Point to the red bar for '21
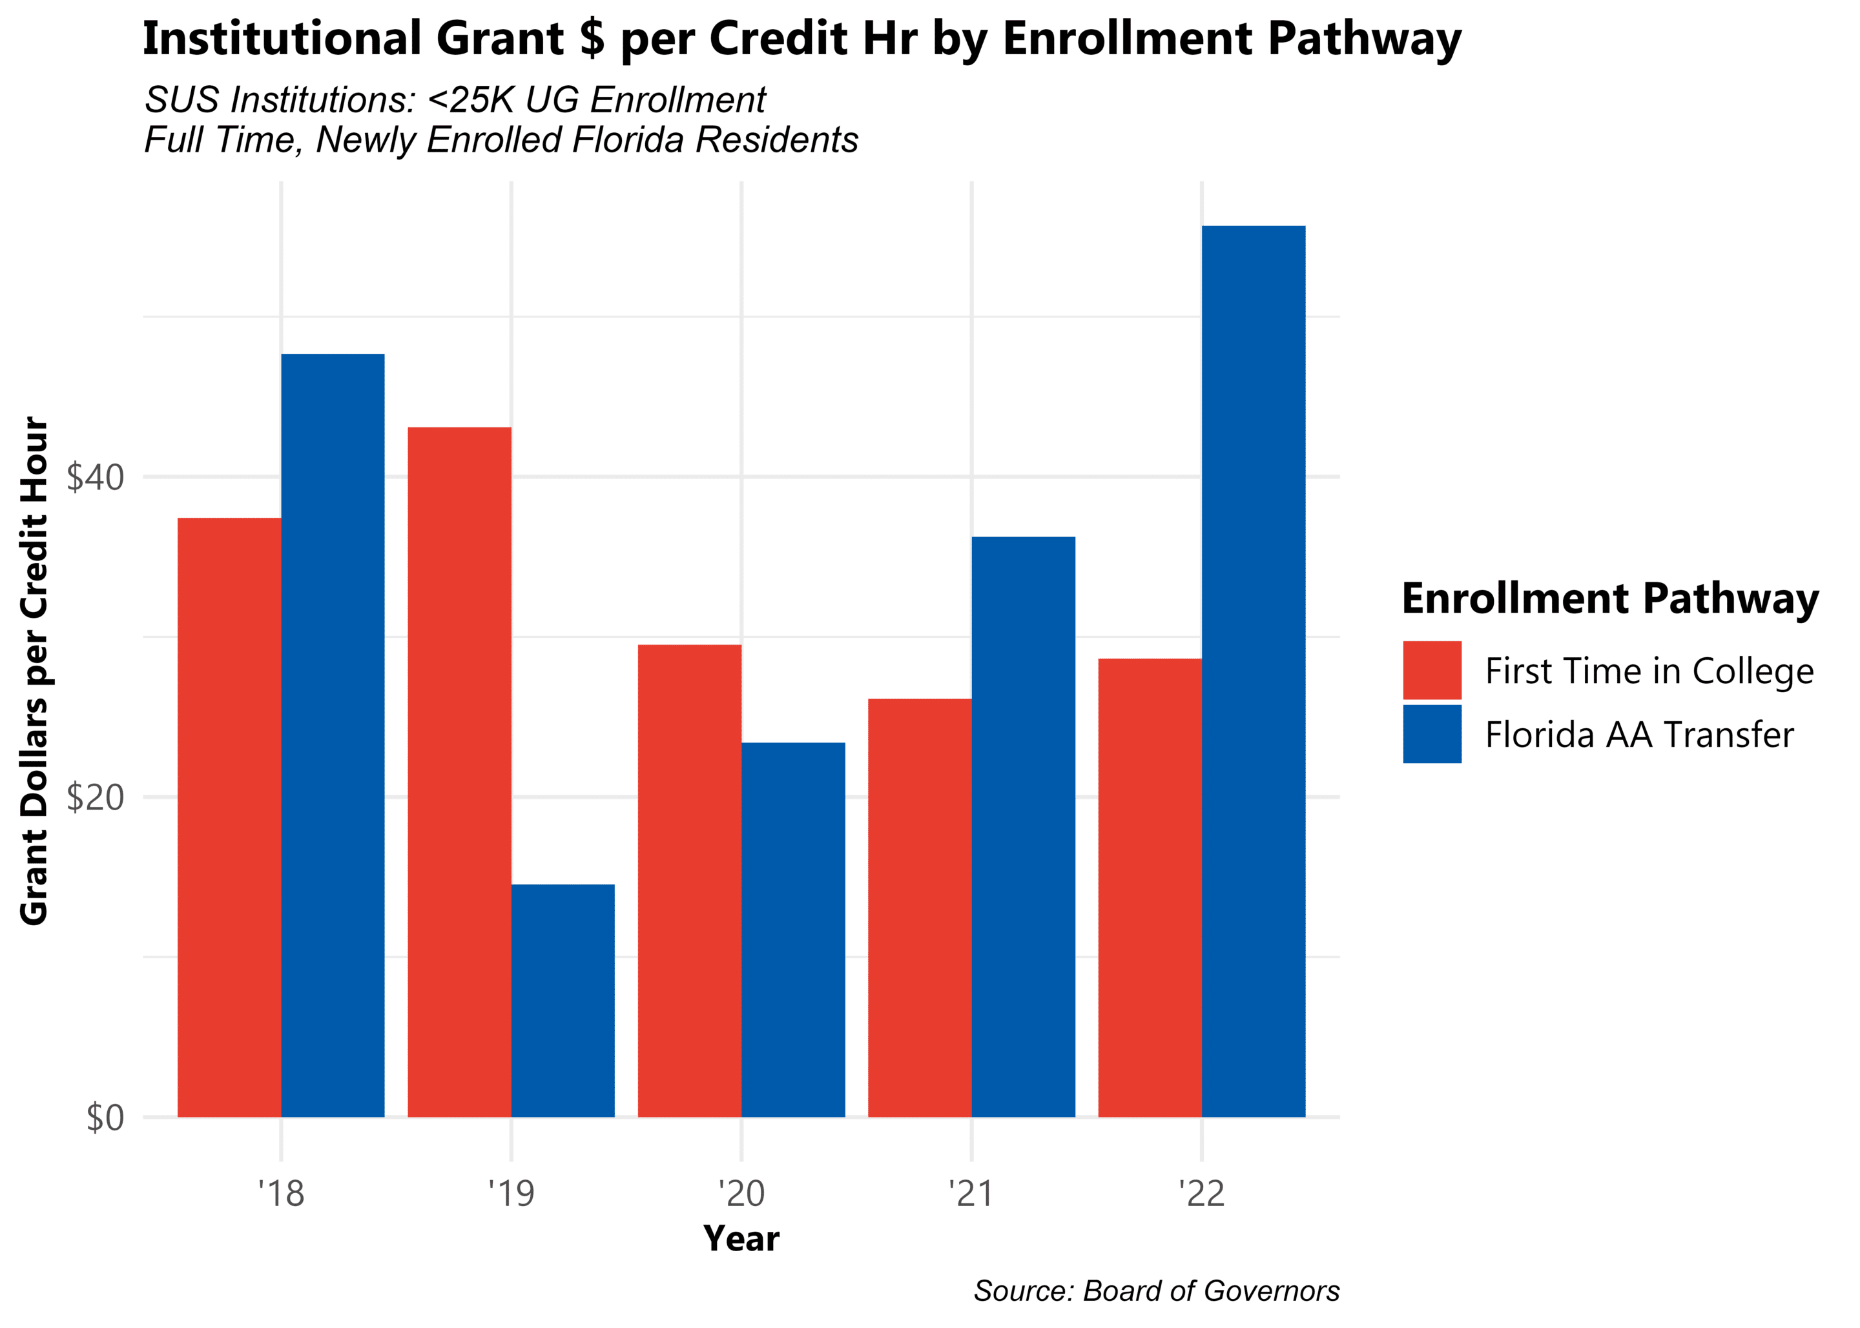pyautogui.click(x=920, y=907)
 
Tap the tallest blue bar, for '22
pyautogui.click(x=1253, y=671)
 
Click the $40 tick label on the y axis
pyautogui.click(x=95, y=478)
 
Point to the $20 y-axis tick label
pyautogui.click(x=95, y=797)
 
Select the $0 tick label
pyautogui.click(x=105, y=1117)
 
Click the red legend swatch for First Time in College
pyautogui.click(x=1431, y=671)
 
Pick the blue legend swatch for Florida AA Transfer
pyautogui.click(x=1431, y=734)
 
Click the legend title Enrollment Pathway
pyautogui.click(x=1609, y=598)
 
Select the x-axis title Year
pyautogui.click(x=741, y=1239)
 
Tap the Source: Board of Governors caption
pyautogui.click(x=1156, y=1291)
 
